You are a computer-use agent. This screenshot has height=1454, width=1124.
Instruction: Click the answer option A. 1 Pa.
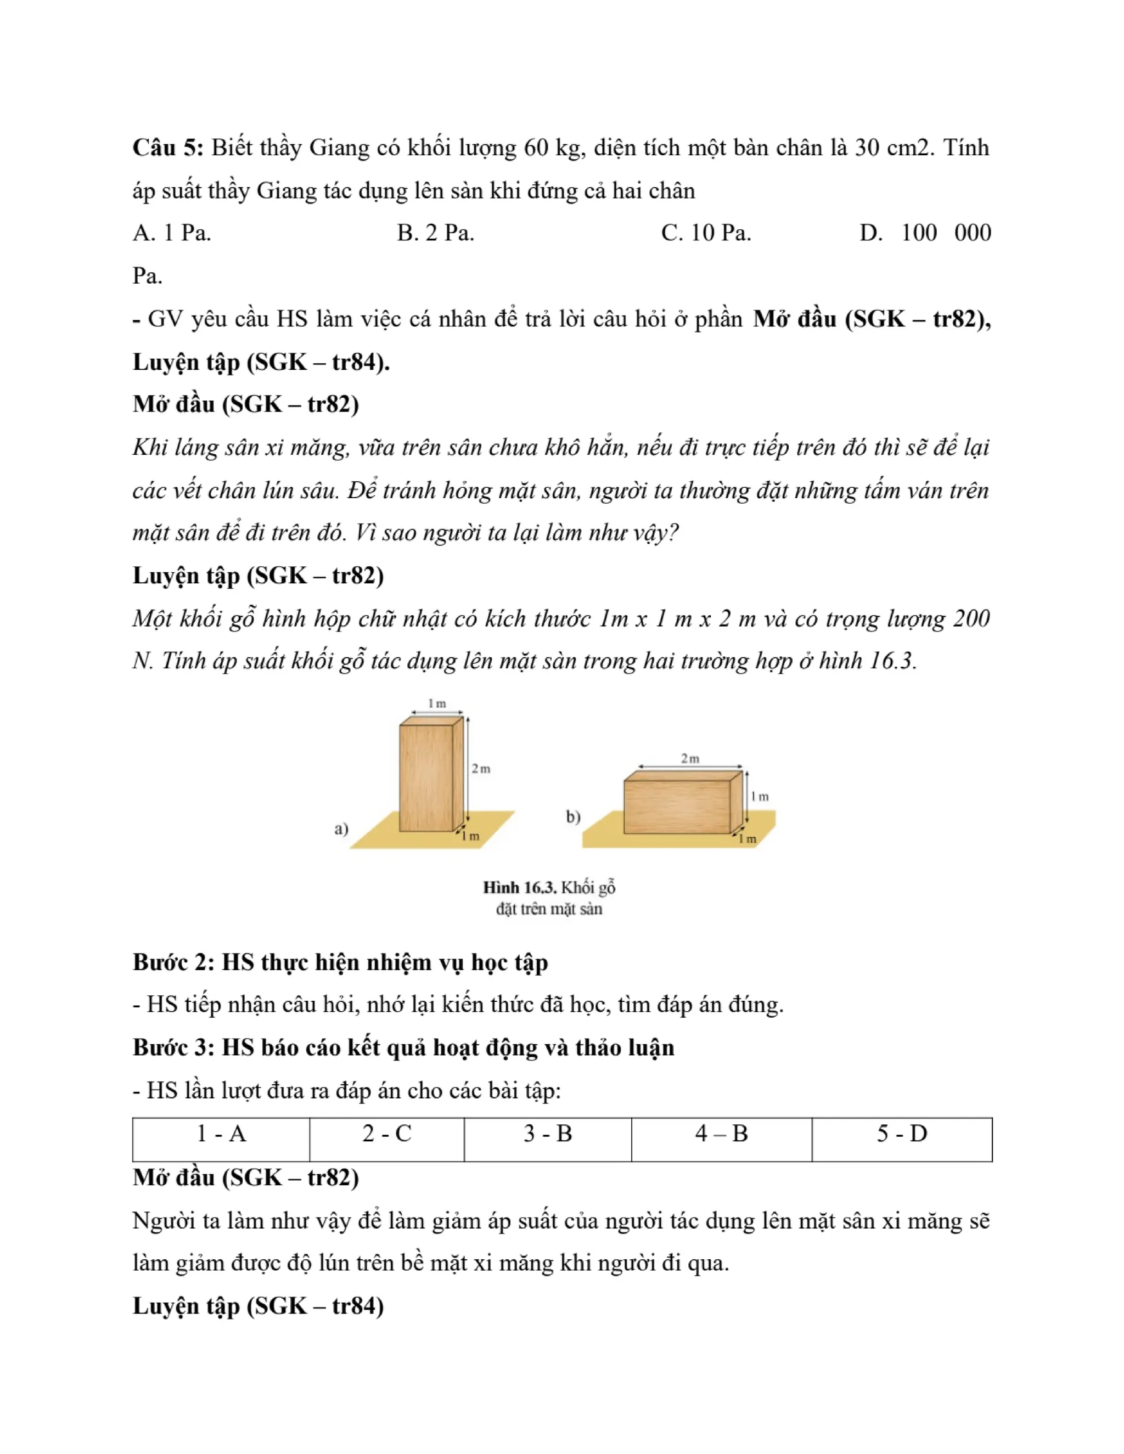[172, 233]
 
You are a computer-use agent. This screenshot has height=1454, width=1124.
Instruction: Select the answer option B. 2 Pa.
[435, 233]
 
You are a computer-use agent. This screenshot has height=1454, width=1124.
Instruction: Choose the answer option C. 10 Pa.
[706, 233]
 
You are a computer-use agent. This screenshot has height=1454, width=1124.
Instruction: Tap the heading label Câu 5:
[168, 148]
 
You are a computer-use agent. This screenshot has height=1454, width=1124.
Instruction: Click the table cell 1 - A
[221, 1134]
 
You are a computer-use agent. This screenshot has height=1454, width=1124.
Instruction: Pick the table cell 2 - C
[387, 1134]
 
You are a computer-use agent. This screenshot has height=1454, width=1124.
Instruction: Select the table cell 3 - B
[547, 1134]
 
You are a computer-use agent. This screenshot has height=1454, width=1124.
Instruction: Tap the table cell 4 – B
[722, 1134]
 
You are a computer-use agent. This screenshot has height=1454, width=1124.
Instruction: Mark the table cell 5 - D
[902, 1134]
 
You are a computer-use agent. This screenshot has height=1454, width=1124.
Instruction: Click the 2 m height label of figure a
[481, 769]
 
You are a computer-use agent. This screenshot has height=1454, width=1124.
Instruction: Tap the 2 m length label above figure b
[690, 758]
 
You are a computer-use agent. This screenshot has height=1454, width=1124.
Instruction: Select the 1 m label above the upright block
[437, 704]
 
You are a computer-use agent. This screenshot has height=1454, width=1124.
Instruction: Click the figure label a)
[341, 829]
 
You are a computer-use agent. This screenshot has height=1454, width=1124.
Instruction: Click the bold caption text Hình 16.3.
[519, 887]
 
